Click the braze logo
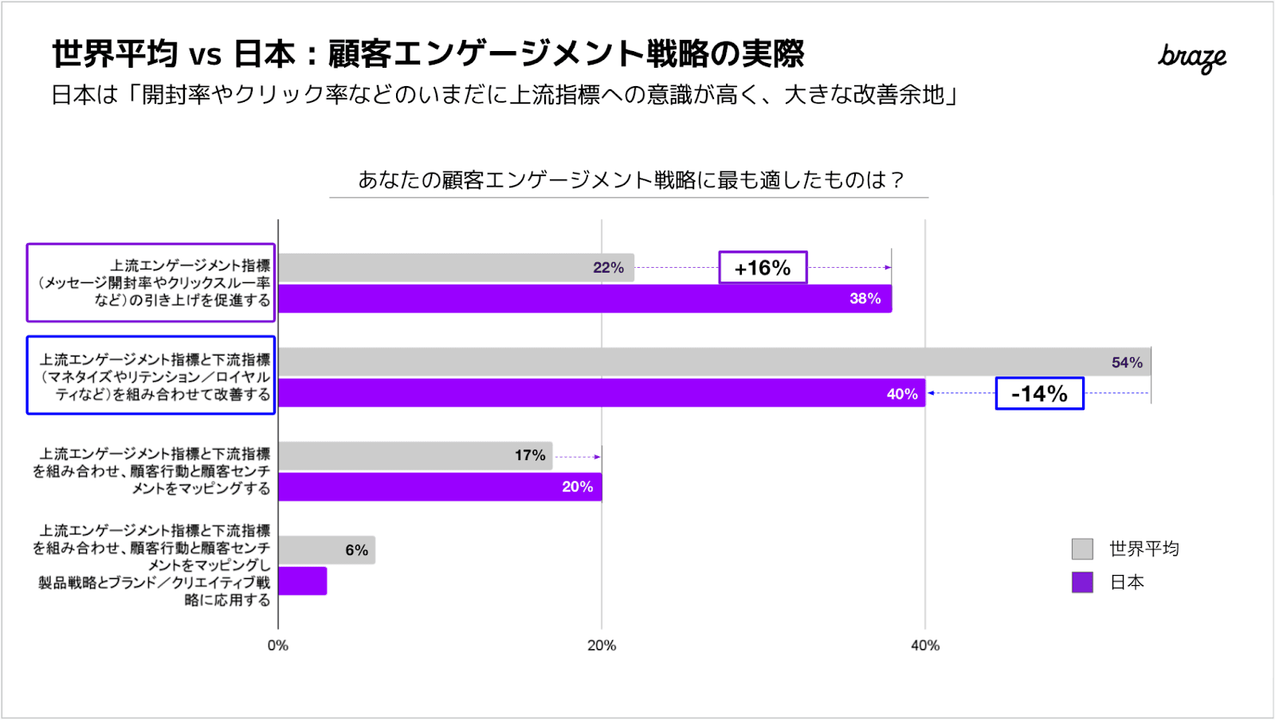tap(1191, 57)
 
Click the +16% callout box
tap(763, 268)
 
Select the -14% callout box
tap(1039, 394)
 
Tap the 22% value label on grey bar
tap(608, 268)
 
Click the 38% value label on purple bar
tap(865, 299)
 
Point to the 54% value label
tap(1127, 363)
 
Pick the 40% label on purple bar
tap(902, 394)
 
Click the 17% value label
tap(530, 455)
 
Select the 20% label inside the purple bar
tap(577, 487)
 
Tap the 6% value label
tap(356, 550)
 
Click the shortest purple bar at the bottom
tap(303, 581)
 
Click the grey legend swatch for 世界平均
tap(1082, 549)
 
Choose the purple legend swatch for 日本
tap(1082, 582)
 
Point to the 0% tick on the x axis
tap(278, 646)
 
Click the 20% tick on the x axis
tap(602, 646)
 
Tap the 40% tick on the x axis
tap(925, 646)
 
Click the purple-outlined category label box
tap(151, 283)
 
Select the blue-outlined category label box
tap(151, 376)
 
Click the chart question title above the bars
tap(630, 180)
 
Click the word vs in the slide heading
tap(205, 55)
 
